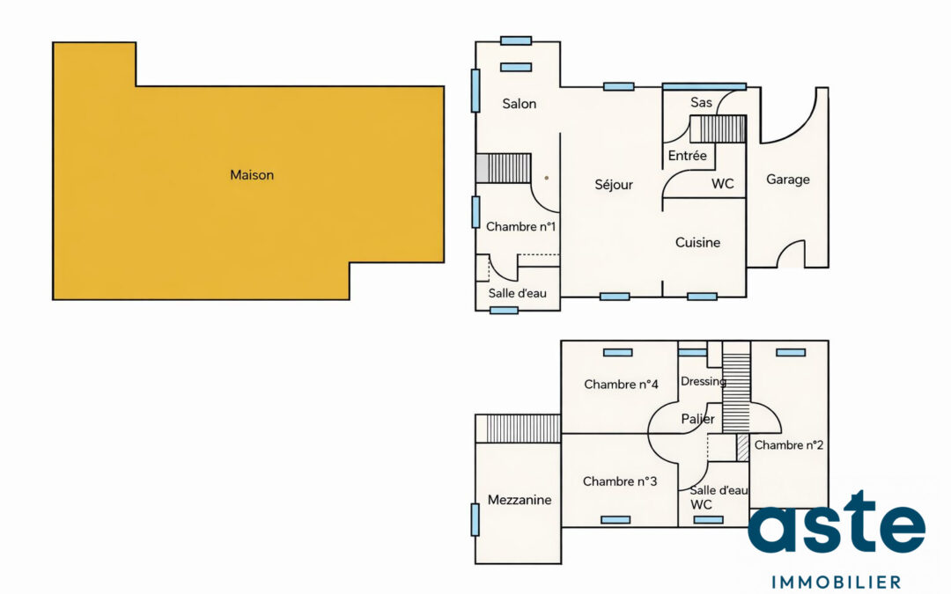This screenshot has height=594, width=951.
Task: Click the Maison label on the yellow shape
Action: point(252,175)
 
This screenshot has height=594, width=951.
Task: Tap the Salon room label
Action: point(520,104)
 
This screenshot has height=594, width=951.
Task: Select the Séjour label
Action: point(614,185)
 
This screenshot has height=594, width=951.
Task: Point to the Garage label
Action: point(787,180)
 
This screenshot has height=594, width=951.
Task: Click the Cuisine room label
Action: point(697,242)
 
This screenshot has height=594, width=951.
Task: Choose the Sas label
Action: point(701,103)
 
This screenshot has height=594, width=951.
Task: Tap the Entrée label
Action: point(687,156)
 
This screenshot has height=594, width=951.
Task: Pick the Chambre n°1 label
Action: point(520,226)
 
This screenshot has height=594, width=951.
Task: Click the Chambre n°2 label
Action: point(789,445)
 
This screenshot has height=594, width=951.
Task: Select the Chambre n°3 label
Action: point(620,481)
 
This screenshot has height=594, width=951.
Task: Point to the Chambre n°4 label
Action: point(621,385)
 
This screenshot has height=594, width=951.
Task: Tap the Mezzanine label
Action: point(520,500)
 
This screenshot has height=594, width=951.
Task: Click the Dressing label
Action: point(703,382)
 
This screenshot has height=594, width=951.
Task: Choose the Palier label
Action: point(698,420)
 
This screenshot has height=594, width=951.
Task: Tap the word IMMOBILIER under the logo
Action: point(836,582)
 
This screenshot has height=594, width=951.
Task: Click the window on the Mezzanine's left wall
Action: point(475,519)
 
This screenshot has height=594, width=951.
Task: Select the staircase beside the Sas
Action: point(717,129)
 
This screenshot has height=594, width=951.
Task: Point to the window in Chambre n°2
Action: point(791,353)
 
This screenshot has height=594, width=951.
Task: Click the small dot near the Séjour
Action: point(546,178)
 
